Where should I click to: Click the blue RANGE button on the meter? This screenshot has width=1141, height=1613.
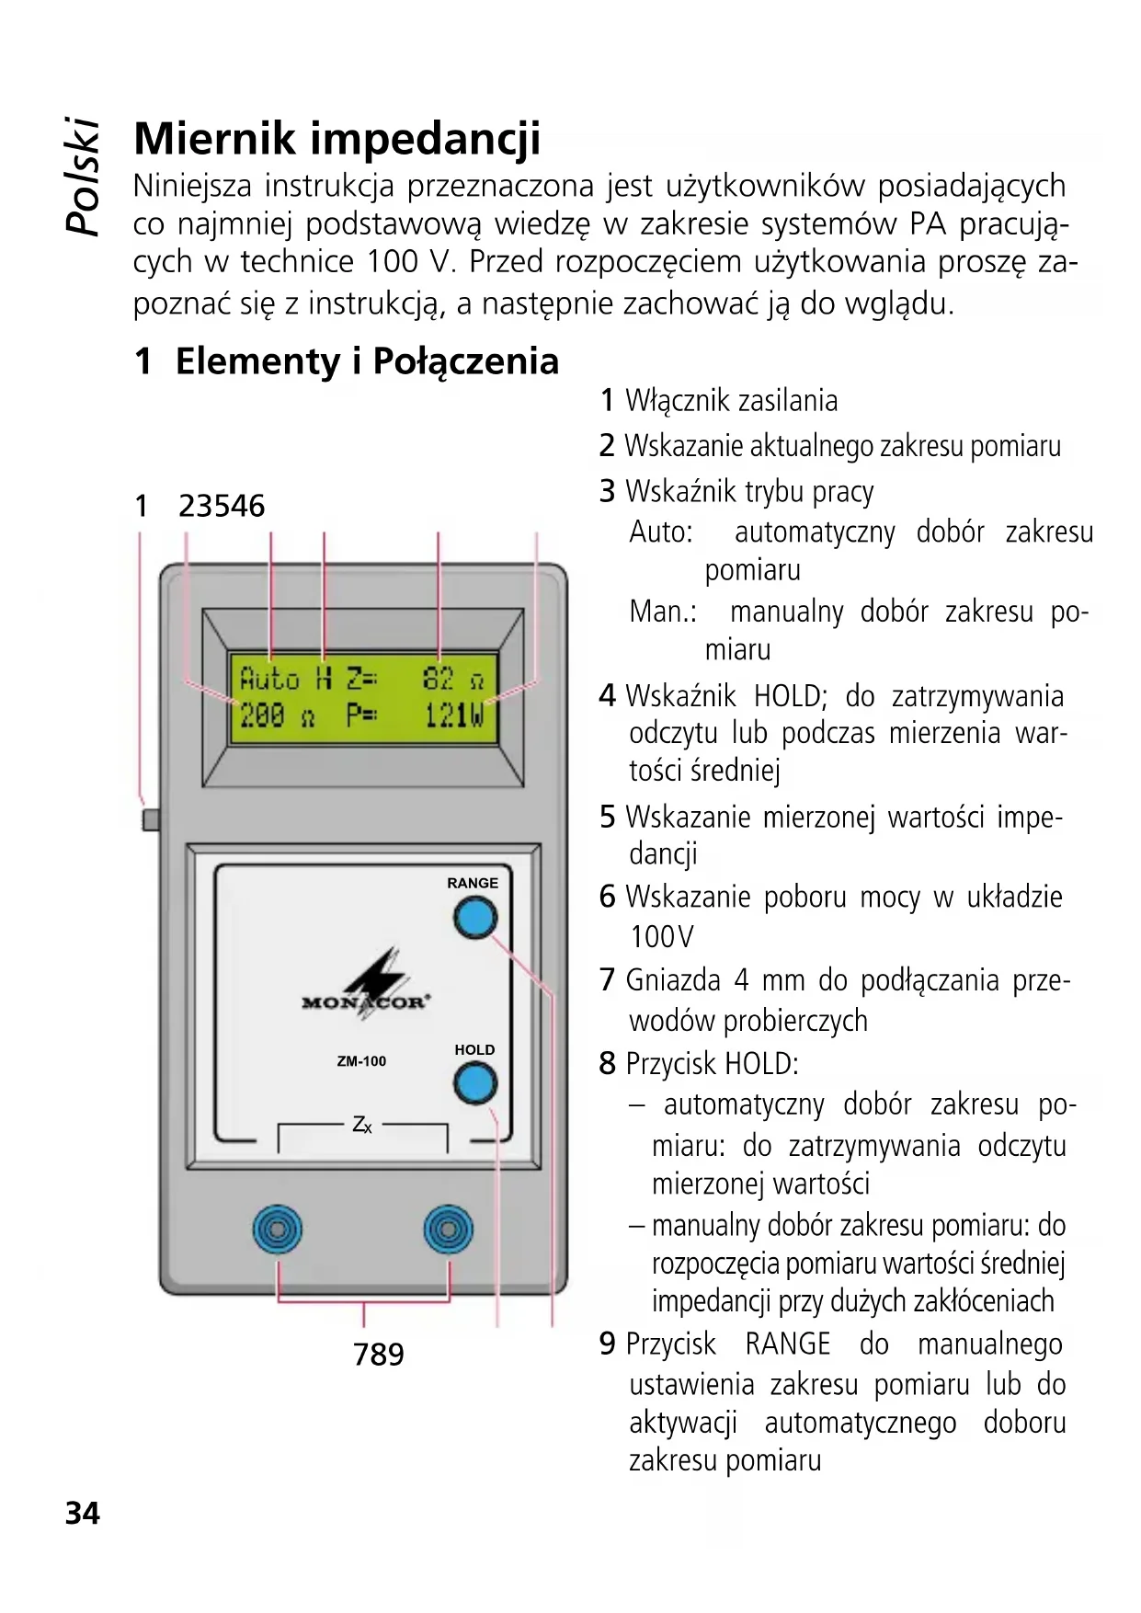tap(474, 918)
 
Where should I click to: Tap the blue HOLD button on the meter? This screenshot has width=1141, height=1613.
tap(475, 1083)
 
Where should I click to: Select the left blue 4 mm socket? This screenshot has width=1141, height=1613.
tap(277, 1230)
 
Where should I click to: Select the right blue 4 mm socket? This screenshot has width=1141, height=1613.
tap(448, 1230)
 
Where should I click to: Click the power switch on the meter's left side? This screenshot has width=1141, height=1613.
tap(151, 818)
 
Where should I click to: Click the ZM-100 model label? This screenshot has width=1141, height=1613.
tap(361, 1061)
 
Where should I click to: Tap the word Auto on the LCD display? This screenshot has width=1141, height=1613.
tap(269, 680)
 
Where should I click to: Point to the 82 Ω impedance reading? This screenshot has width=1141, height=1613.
tap(452, 680)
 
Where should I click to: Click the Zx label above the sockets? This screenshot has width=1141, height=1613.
tap(362, 1125)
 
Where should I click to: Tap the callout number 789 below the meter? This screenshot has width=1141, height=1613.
tap(378, 1354)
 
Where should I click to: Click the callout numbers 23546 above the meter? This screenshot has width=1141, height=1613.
tap(222, 506)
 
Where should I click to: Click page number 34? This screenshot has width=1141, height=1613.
tap(82, 1513)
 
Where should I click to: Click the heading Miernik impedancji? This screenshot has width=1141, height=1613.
tap(337, 138)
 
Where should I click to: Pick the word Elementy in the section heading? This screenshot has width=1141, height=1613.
tap(257, 361)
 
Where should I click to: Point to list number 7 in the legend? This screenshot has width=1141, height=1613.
tap(607, 980)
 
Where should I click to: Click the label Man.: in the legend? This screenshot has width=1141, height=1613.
tap(662, 612)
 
